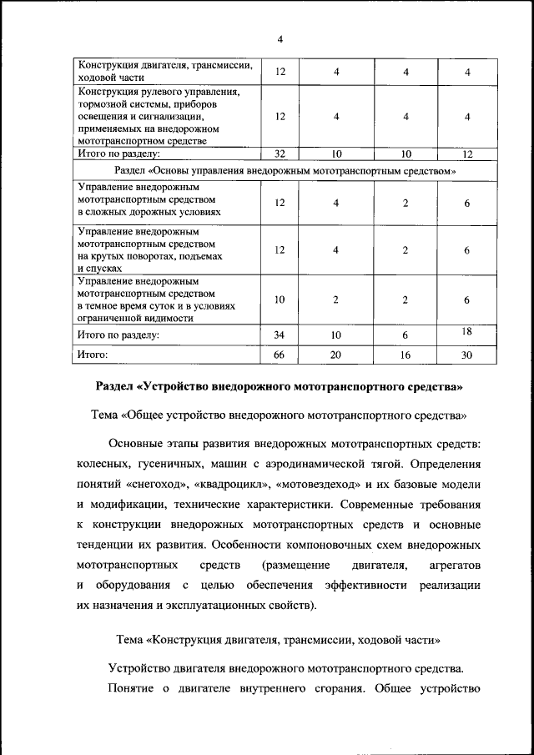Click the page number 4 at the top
point(280,39)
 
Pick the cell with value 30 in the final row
point(467,355)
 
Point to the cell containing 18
point(467,332)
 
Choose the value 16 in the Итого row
point(405,355)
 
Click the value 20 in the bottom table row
point(335,355)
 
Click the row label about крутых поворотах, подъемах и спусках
point(151,250)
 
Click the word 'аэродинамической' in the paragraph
point(314,462)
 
